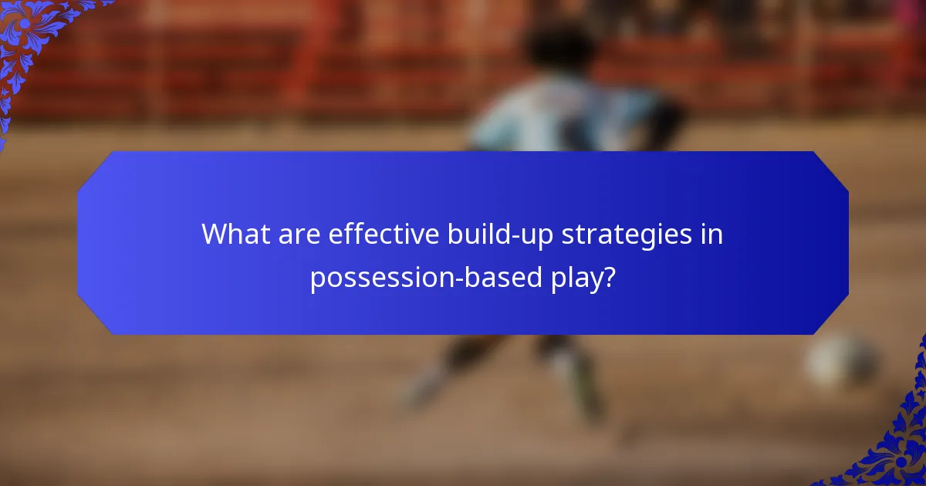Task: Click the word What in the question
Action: point(233,235)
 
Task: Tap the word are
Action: point(296,235)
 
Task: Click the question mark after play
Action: point(609,277)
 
